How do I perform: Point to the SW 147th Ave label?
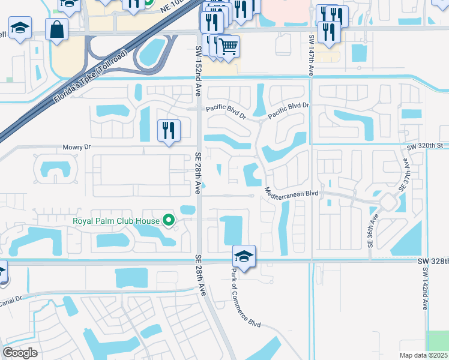pyautogui.click(x=312, y=55)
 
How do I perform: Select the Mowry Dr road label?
pyautogui.click(x=76, y=147)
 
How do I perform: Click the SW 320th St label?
pyautogui.click(x=428, y=146)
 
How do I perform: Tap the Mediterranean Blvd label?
pyautogui.click(x=291, y=194)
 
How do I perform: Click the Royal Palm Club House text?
pyautogui.click(x=116, y=221)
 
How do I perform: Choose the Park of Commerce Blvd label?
pyautogui.click(x=246, y=297)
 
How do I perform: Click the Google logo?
pyautogui.click(x=20, y=352)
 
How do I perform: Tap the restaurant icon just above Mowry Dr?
pyautogui.click(x=169, y=130)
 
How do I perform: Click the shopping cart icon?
pyautogui.click(x=228, y=46)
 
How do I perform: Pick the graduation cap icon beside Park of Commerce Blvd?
pyautogui.click(x=244, y=256)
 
